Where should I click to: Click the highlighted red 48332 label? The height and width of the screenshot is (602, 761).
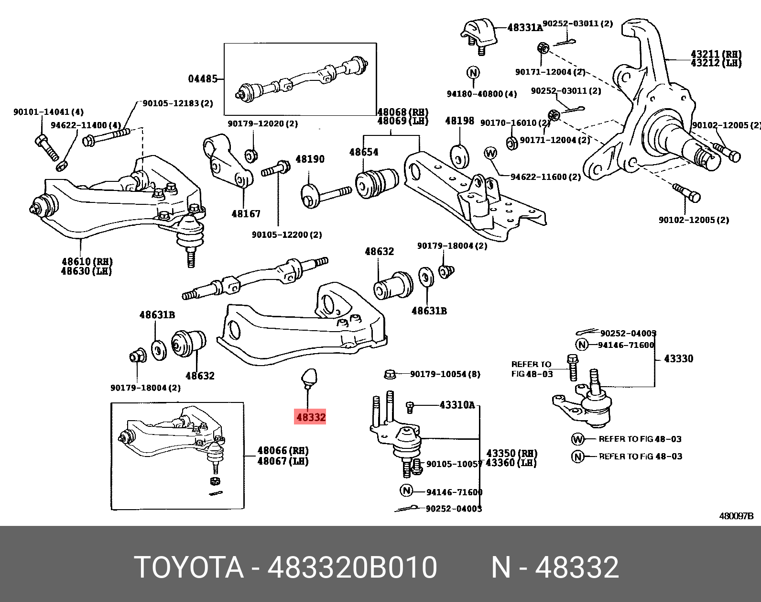tap(310, 417)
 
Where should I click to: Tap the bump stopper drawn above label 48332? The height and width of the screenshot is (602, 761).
tap(308, 377)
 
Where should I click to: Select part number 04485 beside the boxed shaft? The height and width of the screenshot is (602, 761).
tap(203, 78)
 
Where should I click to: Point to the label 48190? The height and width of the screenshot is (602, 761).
tap(310, 159)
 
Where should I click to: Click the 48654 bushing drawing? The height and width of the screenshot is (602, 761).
tap(377, 182)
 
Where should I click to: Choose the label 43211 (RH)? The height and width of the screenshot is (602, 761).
tap(716, 54)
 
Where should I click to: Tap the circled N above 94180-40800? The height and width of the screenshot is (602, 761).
tap(473, 73)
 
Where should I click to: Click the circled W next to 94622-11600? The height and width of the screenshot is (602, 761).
tap(490, 153)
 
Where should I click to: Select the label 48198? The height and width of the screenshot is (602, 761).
tap(459, 121)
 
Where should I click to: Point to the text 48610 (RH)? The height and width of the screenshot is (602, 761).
tap(87, 262)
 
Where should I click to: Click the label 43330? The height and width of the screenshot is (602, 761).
tap(678, 358)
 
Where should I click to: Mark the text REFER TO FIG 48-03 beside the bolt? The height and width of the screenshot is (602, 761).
tap(532, 369)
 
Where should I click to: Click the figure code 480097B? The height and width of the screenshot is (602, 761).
tap(736, 516)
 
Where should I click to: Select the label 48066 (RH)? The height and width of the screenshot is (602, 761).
tap(283, 450)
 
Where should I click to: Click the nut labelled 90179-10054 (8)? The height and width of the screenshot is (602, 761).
tap(390, 374)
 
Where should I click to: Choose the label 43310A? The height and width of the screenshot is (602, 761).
tap(457, 405)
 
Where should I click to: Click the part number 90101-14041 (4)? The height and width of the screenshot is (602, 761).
tap(48, 112)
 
